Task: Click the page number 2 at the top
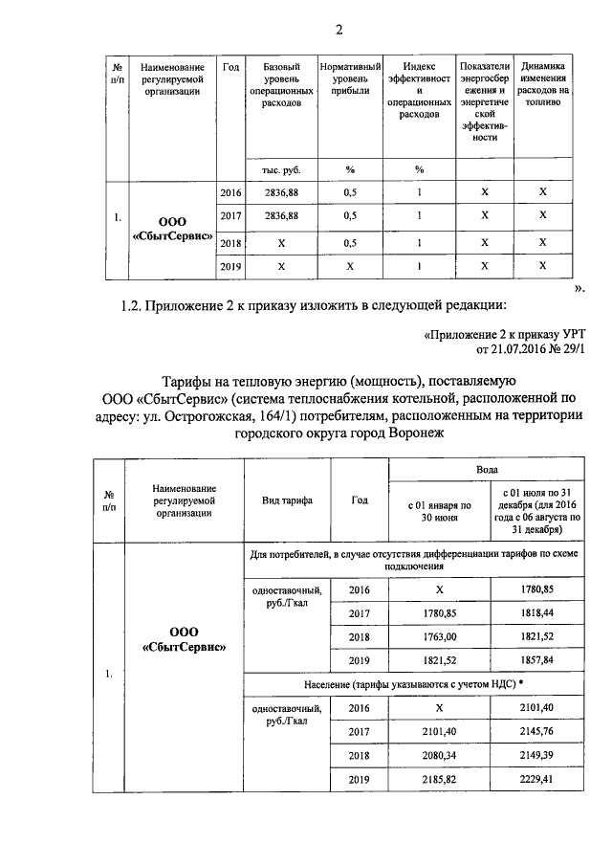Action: click(339, 29)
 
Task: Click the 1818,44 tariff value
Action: click(535, 613)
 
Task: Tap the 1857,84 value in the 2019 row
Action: click(535, 660)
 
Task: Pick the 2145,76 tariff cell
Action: click(535, 732)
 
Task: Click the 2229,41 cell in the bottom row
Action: click(535, 781)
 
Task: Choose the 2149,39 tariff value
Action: click(535, 756)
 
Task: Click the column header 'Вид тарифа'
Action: click(283, 500)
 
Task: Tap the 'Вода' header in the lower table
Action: click(487, 471)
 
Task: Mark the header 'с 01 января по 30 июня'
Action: click(439, 511)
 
